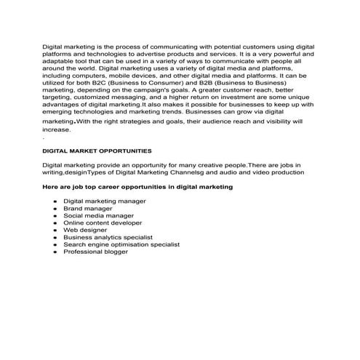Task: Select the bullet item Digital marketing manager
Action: [105, 201]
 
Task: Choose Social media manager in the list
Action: [98, 215]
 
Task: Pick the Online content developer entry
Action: [103, 223]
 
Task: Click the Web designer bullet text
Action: [85, 230]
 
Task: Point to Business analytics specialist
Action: [108, 237]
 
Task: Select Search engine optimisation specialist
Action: [121, 244]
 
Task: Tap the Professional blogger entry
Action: [95, 252]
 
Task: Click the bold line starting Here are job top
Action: [137, 187]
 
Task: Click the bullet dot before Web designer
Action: [55, 230]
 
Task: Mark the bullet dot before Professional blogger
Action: [55, 252]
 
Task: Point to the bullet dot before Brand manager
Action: [55, 208]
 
